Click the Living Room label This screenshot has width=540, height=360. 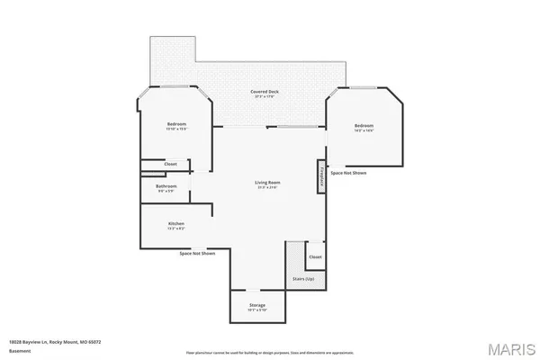click(267, 183)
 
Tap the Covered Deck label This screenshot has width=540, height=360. click(264, 93)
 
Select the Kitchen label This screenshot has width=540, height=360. click(176, 223)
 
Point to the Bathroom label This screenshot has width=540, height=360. click(167, 186)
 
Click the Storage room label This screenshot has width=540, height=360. click(257, 306)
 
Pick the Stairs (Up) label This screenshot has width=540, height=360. click(302, 279)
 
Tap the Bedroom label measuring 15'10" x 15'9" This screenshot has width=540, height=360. click(176, 124)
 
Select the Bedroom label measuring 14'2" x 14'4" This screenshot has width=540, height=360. click(363, 125)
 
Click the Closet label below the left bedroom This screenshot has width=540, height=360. click(170, 164)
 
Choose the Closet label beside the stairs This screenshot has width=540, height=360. click(315, 257)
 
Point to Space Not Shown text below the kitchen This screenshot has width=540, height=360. click(196, 254)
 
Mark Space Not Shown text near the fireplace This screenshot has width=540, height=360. click(348, 172)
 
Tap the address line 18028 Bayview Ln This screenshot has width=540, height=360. click(55, 342)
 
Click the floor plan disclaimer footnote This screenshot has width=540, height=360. click(270, 352)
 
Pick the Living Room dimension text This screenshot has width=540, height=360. click(267, 188)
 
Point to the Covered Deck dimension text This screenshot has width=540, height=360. click(264, 98)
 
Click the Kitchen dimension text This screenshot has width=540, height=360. click(176, 229)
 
